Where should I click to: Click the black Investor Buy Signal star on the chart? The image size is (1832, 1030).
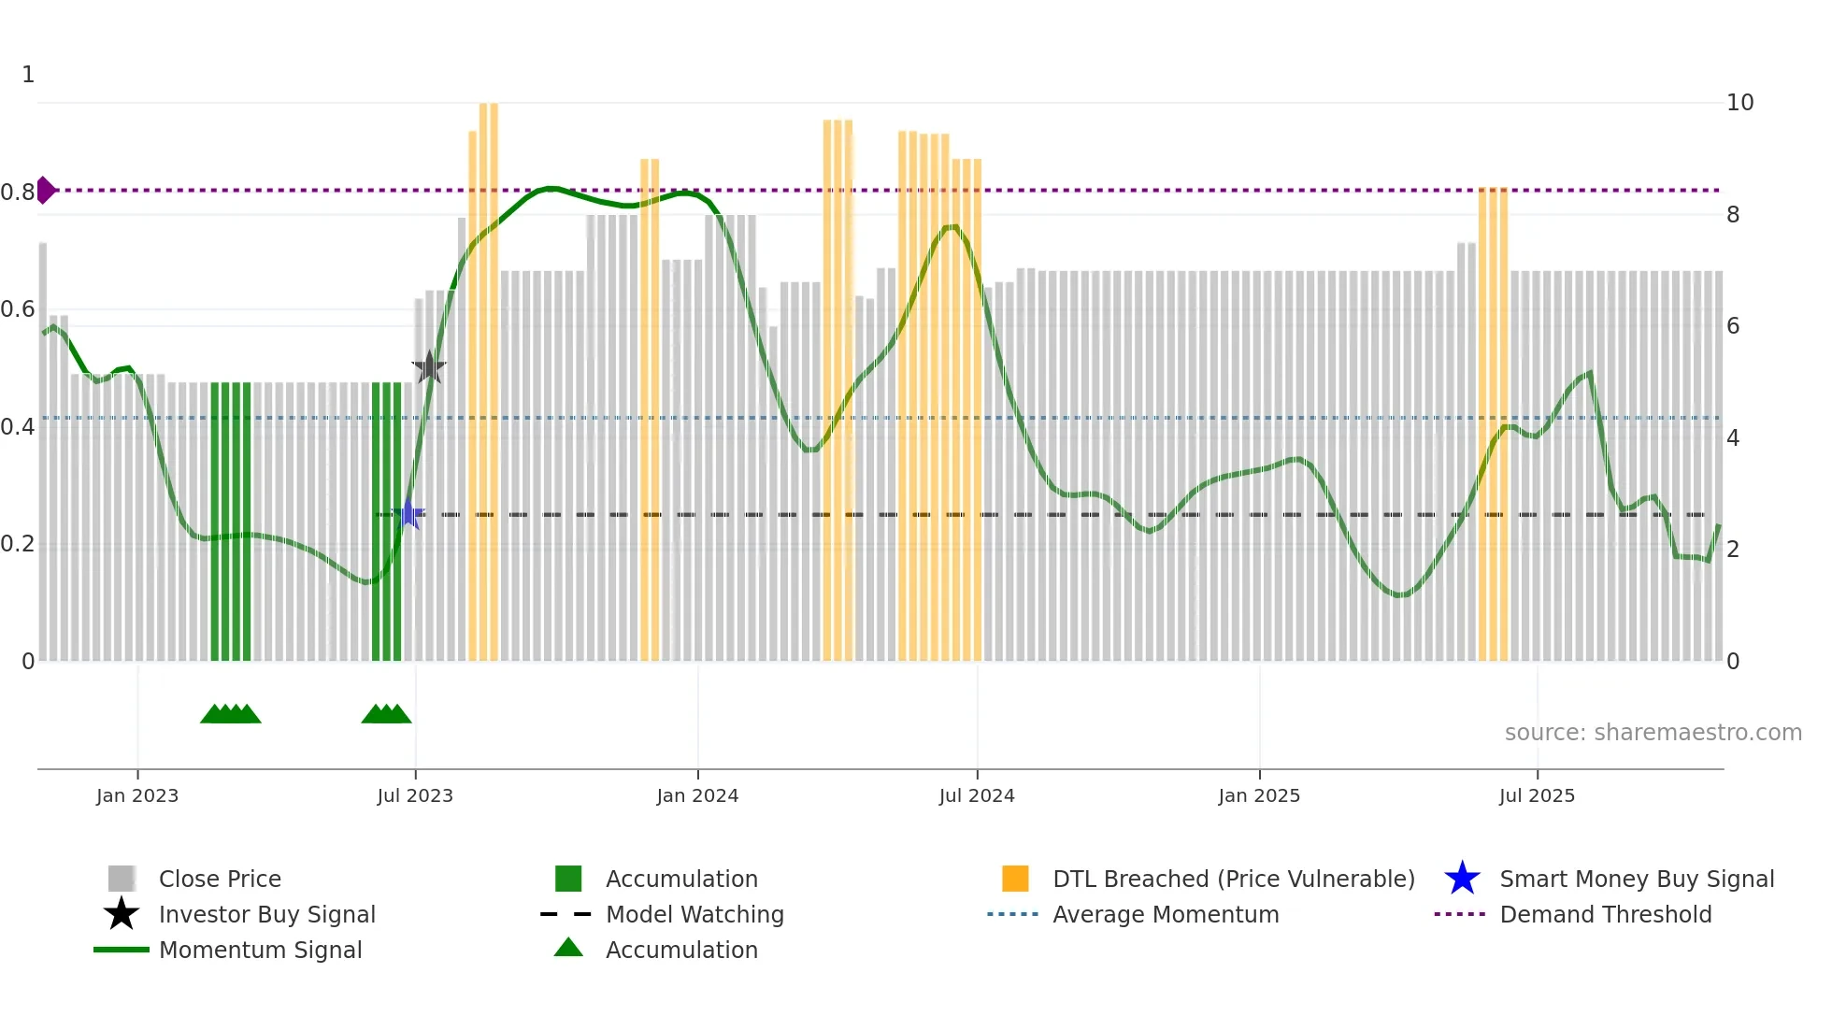pyautogui.click(x=429, y=367)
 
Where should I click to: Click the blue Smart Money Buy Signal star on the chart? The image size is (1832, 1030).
pyautogui.click(x=408, y=514)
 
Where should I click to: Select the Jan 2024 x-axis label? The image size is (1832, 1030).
pyautogui.click(x=697, y=795)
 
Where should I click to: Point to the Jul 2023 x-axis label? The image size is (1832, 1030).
pyautogui.click(x=415, y=795)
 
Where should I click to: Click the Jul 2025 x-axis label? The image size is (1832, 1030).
pyautogui.click(x=1537, y=795)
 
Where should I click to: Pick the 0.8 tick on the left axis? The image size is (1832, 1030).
pyautogui.click(x=18, y=193)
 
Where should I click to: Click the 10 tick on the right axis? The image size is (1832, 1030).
pyautogui.click(x=1739, y=103)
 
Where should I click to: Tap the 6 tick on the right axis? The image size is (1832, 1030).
pyautogui.click(x=1733, y=326)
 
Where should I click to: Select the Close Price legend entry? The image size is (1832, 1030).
pyautogui.click(x=220, y=879)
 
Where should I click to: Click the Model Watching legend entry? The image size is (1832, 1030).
pyautogui.click(x=694, y=914)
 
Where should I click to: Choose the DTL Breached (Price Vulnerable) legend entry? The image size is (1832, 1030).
pyautogui.click(x=1233, y=879)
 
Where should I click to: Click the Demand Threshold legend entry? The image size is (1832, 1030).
pyautogui.click(x=1605, y=914)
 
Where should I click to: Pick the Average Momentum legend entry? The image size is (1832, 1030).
pyautogui.click(x=1165, y=914)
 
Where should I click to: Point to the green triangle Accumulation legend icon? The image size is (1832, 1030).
pyautogui.click(x=568, y=948)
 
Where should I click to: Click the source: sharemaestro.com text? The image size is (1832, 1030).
pyautogui.click(x=1653, y=733)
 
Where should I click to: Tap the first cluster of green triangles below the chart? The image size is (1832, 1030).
pyautogui.click(x=231, y=714)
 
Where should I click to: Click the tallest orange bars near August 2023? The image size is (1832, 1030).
pyautogui.click(x=488, y=374)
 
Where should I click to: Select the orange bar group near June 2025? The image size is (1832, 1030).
pyautogui.click(x=1493, y=421)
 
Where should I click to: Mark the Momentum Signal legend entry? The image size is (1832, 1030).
pyautogui.click(x=260, y=950)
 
